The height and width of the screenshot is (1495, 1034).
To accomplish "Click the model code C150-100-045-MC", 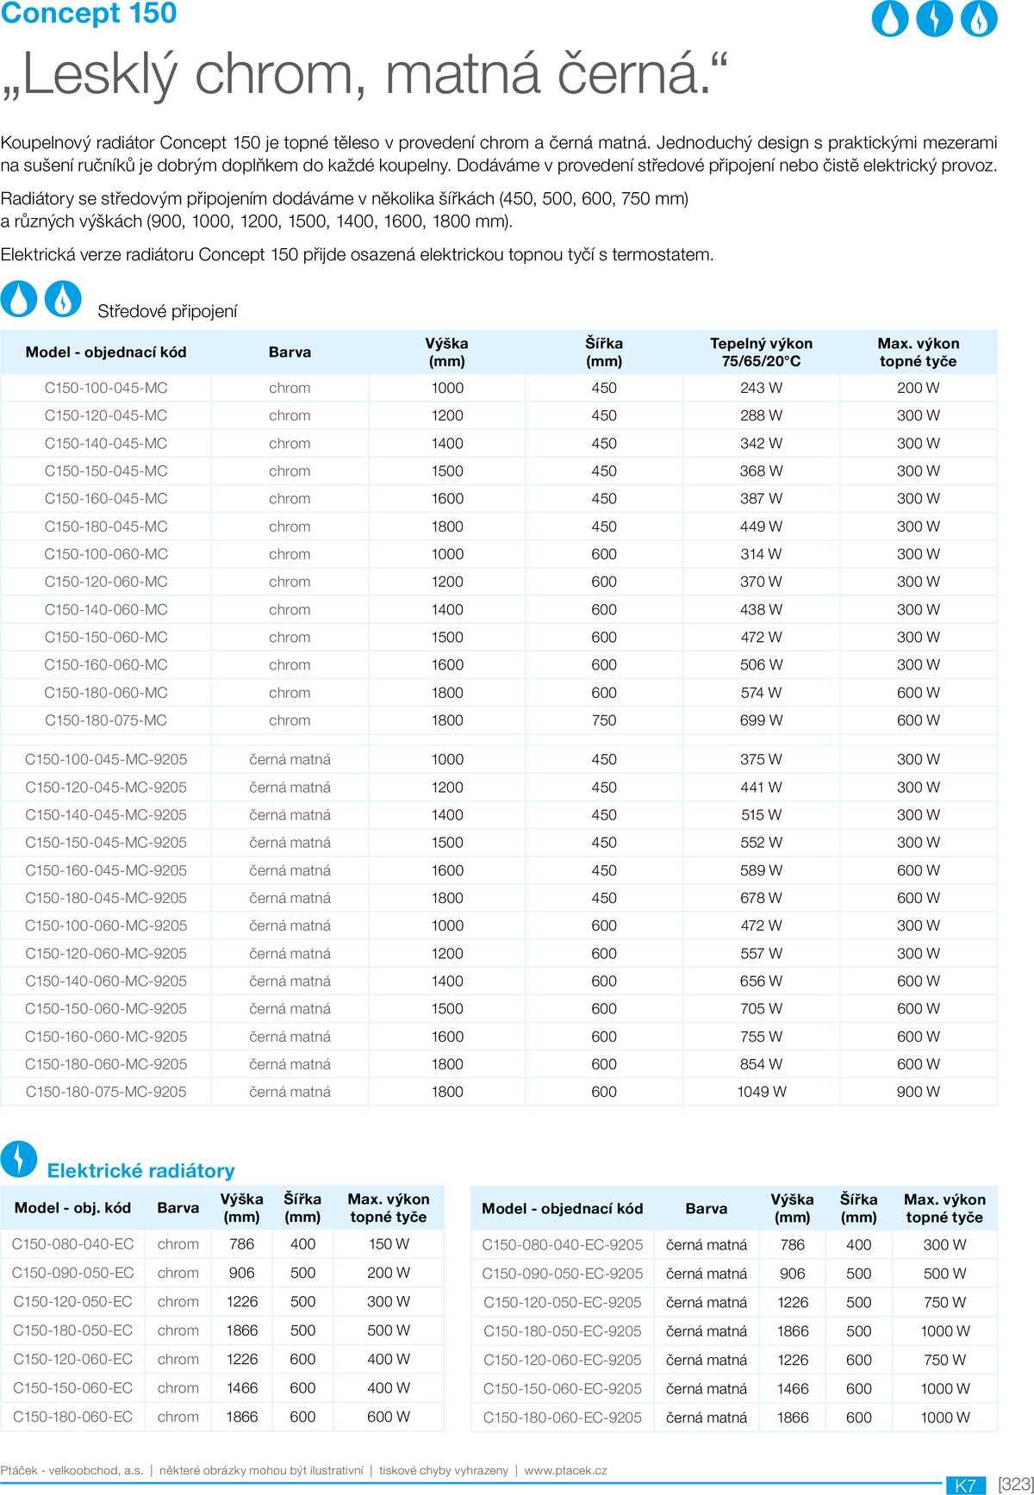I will (x=106, y=388).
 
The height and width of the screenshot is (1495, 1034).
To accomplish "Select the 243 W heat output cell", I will (x=761, y=388).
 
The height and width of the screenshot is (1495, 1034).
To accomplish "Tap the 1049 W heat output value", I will (x=761, y=1092).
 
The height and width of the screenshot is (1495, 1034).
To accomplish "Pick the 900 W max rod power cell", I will (x=918, y=1092).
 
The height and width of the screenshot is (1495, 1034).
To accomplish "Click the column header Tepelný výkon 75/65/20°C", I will (x=761, y=352).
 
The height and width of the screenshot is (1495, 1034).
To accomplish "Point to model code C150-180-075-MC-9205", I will (x=106, y=1092).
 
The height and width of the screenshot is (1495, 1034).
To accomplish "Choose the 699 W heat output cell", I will (x=761, y=720).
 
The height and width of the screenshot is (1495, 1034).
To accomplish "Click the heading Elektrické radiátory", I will (x=140, y=1170).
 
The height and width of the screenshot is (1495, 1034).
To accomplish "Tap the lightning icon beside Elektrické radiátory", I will (x=19, y=1159).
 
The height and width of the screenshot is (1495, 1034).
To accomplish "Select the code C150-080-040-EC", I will (x=73, y=1244).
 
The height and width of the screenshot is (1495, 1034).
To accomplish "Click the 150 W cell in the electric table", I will (x=389, y=1244).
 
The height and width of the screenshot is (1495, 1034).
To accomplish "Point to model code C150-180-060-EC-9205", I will (x=563, y=1417).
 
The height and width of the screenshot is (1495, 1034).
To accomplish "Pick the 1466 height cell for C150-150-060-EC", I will (x=242, y=1388).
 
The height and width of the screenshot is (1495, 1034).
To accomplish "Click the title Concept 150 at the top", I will (x=89, y=13).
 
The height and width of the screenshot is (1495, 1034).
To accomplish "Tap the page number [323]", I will (x=1015, y=1484).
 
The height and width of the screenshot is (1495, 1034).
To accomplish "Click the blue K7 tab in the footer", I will (x=966, y=1485).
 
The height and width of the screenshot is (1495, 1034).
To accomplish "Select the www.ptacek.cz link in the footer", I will (x=565, y=1470).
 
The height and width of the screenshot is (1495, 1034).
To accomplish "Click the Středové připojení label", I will (x=167, y=311).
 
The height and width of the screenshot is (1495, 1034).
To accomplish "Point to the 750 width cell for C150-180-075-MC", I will (x=604, y=720).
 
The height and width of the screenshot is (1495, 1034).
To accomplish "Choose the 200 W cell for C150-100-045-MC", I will (x=918, y=388).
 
